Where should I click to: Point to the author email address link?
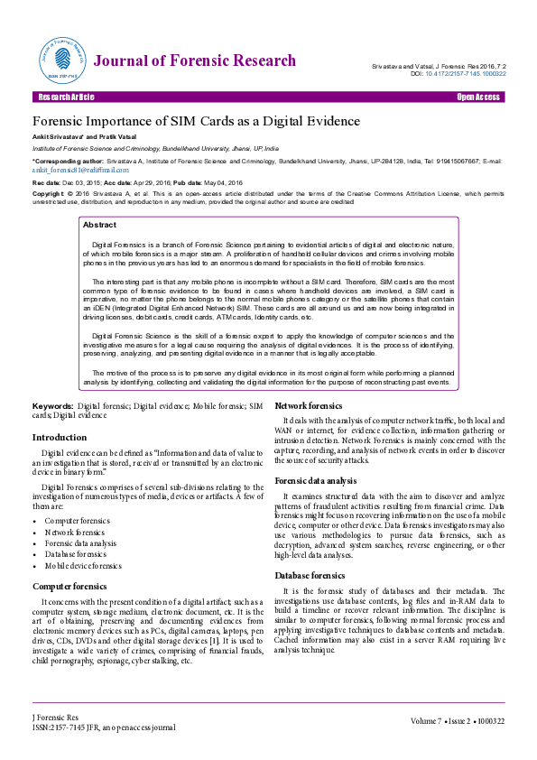point(80,169)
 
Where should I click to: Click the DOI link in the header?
point(463,74)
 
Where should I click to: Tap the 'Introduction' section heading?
point(60,437)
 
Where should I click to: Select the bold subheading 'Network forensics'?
point(308,406)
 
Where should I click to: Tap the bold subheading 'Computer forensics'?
point(70,586)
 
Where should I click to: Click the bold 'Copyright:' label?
point(49,192)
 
